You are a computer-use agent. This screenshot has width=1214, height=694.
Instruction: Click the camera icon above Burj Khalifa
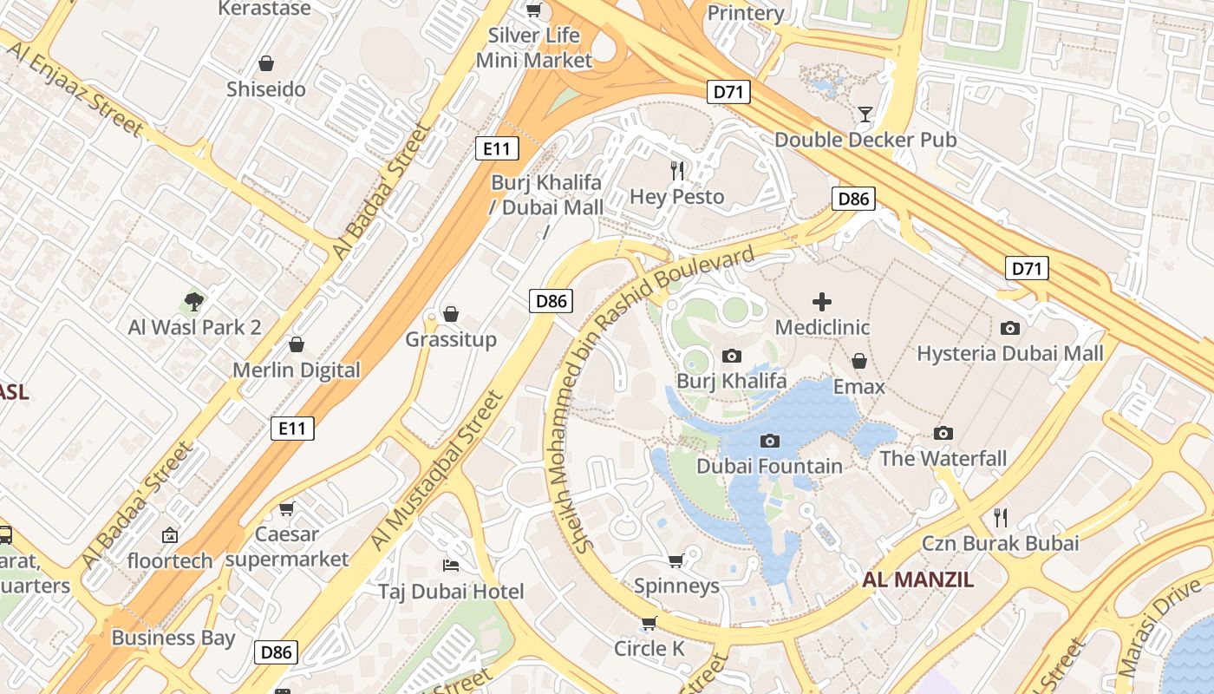coord(731,356)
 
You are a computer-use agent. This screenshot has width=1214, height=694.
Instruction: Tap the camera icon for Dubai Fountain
coord(769,442)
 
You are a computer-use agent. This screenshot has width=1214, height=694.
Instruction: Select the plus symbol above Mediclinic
coord(822,302)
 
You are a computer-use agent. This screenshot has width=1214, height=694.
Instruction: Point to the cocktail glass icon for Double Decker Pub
coord(865,114)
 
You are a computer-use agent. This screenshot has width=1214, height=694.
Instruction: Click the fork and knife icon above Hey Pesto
coord(677,171)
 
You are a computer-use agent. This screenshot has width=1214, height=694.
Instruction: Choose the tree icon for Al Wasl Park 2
coord(194,302)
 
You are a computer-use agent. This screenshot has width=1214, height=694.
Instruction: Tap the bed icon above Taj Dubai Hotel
coord(451,566)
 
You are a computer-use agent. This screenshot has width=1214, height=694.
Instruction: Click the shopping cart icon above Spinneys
coord(676,560)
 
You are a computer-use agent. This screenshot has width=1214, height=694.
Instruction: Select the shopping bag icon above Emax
coord(858,361)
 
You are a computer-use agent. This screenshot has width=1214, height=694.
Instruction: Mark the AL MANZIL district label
coord(918,580)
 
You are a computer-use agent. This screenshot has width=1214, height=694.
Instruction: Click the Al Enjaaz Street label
coord(76,87)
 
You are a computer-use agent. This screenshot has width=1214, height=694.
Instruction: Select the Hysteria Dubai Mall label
coord(1010,353)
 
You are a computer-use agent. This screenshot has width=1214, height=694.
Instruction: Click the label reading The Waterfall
coord(943,458)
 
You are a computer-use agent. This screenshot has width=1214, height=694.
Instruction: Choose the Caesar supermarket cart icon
coord(286,509)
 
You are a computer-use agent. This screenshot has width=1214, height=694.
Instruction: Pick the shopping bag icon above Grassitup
coord(451,313)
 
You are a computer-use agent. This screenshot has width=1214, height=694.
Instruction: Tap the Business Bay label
coord(173,638)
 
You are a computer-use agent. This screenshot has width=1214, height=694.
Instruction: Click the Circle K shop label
coord(649,648)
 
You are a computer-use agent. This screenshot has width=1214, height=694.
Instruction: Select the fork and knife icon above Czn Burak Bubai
coord(1001,518)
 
